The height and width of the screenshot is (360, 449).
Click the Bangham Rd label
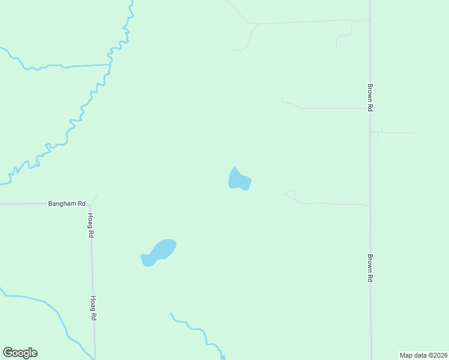click(x=67, y=204)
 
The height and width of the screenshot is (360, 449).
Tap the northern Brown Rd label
click(x=371, y=97)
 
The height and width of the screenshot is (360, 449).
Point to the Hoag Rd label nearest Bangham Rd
click(x=91, y=226)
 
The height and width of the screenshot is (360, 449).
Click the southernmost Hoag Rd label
click(x=94, y=308)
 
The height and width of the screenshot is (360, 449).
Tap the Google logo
click(x=20, y=353)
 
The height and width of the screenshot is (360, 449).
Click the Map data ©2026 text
click(x=423, y=355)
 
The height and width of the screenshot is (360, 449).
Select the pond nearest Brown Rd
click(x=239, y=180)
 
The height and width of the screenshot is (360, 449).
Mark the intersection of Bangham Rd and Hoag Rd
click(x=90, y=204)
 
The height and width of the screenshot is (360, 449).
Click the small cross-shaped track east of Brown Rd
click(x=379, y=133)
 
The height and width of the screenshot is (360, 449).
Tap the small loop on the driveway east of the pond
click(x=291, y=194)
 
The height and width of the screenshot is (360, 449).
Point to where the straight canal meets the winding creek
click(x=110, y=64)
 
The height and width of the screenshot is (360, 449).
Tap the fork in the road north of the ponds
click(x=256, y=25)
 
